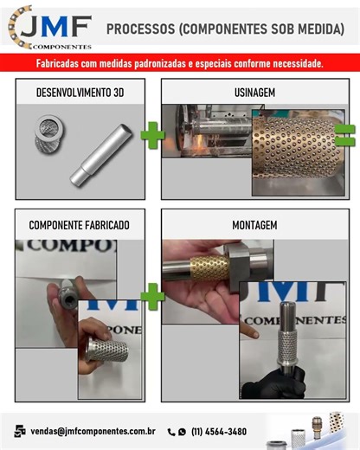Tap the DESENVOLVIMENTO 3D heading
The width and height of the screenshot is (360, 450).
79,91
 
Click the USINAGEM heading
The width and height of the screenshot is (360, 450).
254,91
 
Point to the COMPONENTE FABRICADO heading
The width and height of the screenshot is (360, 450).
79,225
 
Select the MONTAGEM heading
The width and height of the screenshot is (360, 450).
254,225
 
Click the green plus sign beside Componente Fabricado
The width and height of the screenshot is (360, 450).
152,296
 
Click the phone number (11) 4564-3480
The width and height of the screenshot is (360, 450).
218,431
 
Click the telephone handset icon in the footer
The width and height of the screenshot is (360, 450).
171,431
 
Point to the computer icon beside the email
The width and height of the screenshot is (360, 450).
19,430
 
